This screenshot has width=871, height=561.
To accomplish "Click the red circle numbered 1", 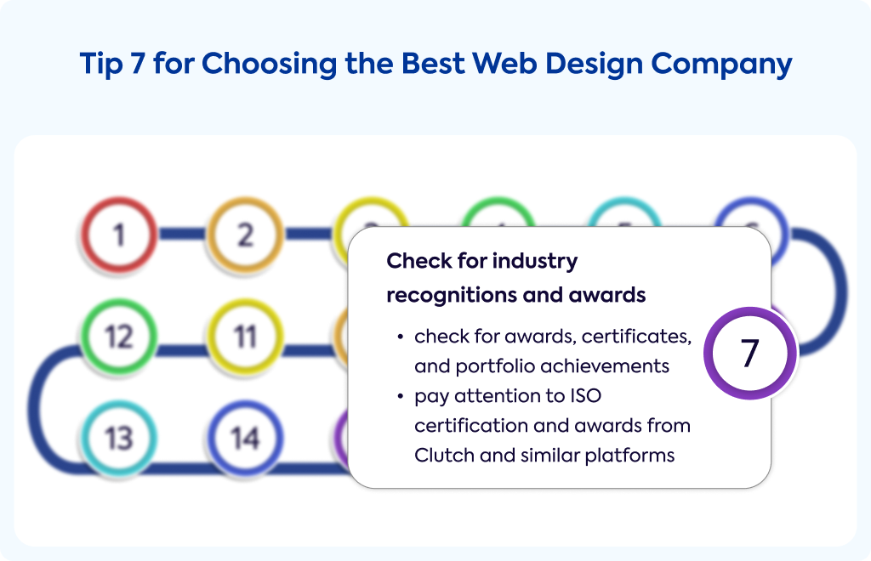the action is coord(119,235).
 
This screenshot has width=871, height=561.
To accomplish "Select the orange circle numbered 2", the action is coord(245,235).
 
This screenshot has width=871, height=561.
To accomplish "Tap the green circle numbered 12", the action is coord(119,337).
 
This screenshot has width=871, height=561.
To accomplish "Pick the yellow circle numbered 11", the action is coord(245,337).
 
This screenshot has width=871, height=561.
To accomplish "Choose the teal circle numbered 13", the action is coord(119,439).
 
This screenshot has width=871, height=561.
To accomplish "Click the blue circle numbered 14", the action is coord(245,439).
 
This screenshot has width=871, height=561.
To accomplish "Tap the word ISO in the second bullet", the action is coord(585,395).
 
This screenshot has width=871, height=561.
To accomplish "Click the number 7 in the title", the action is coord(138,63).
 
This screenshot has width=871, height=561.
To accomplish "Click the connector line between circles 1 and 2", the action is coord(182,234).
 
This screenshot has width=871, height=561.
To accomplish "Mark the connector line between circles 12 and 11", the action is coord(182,350).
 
